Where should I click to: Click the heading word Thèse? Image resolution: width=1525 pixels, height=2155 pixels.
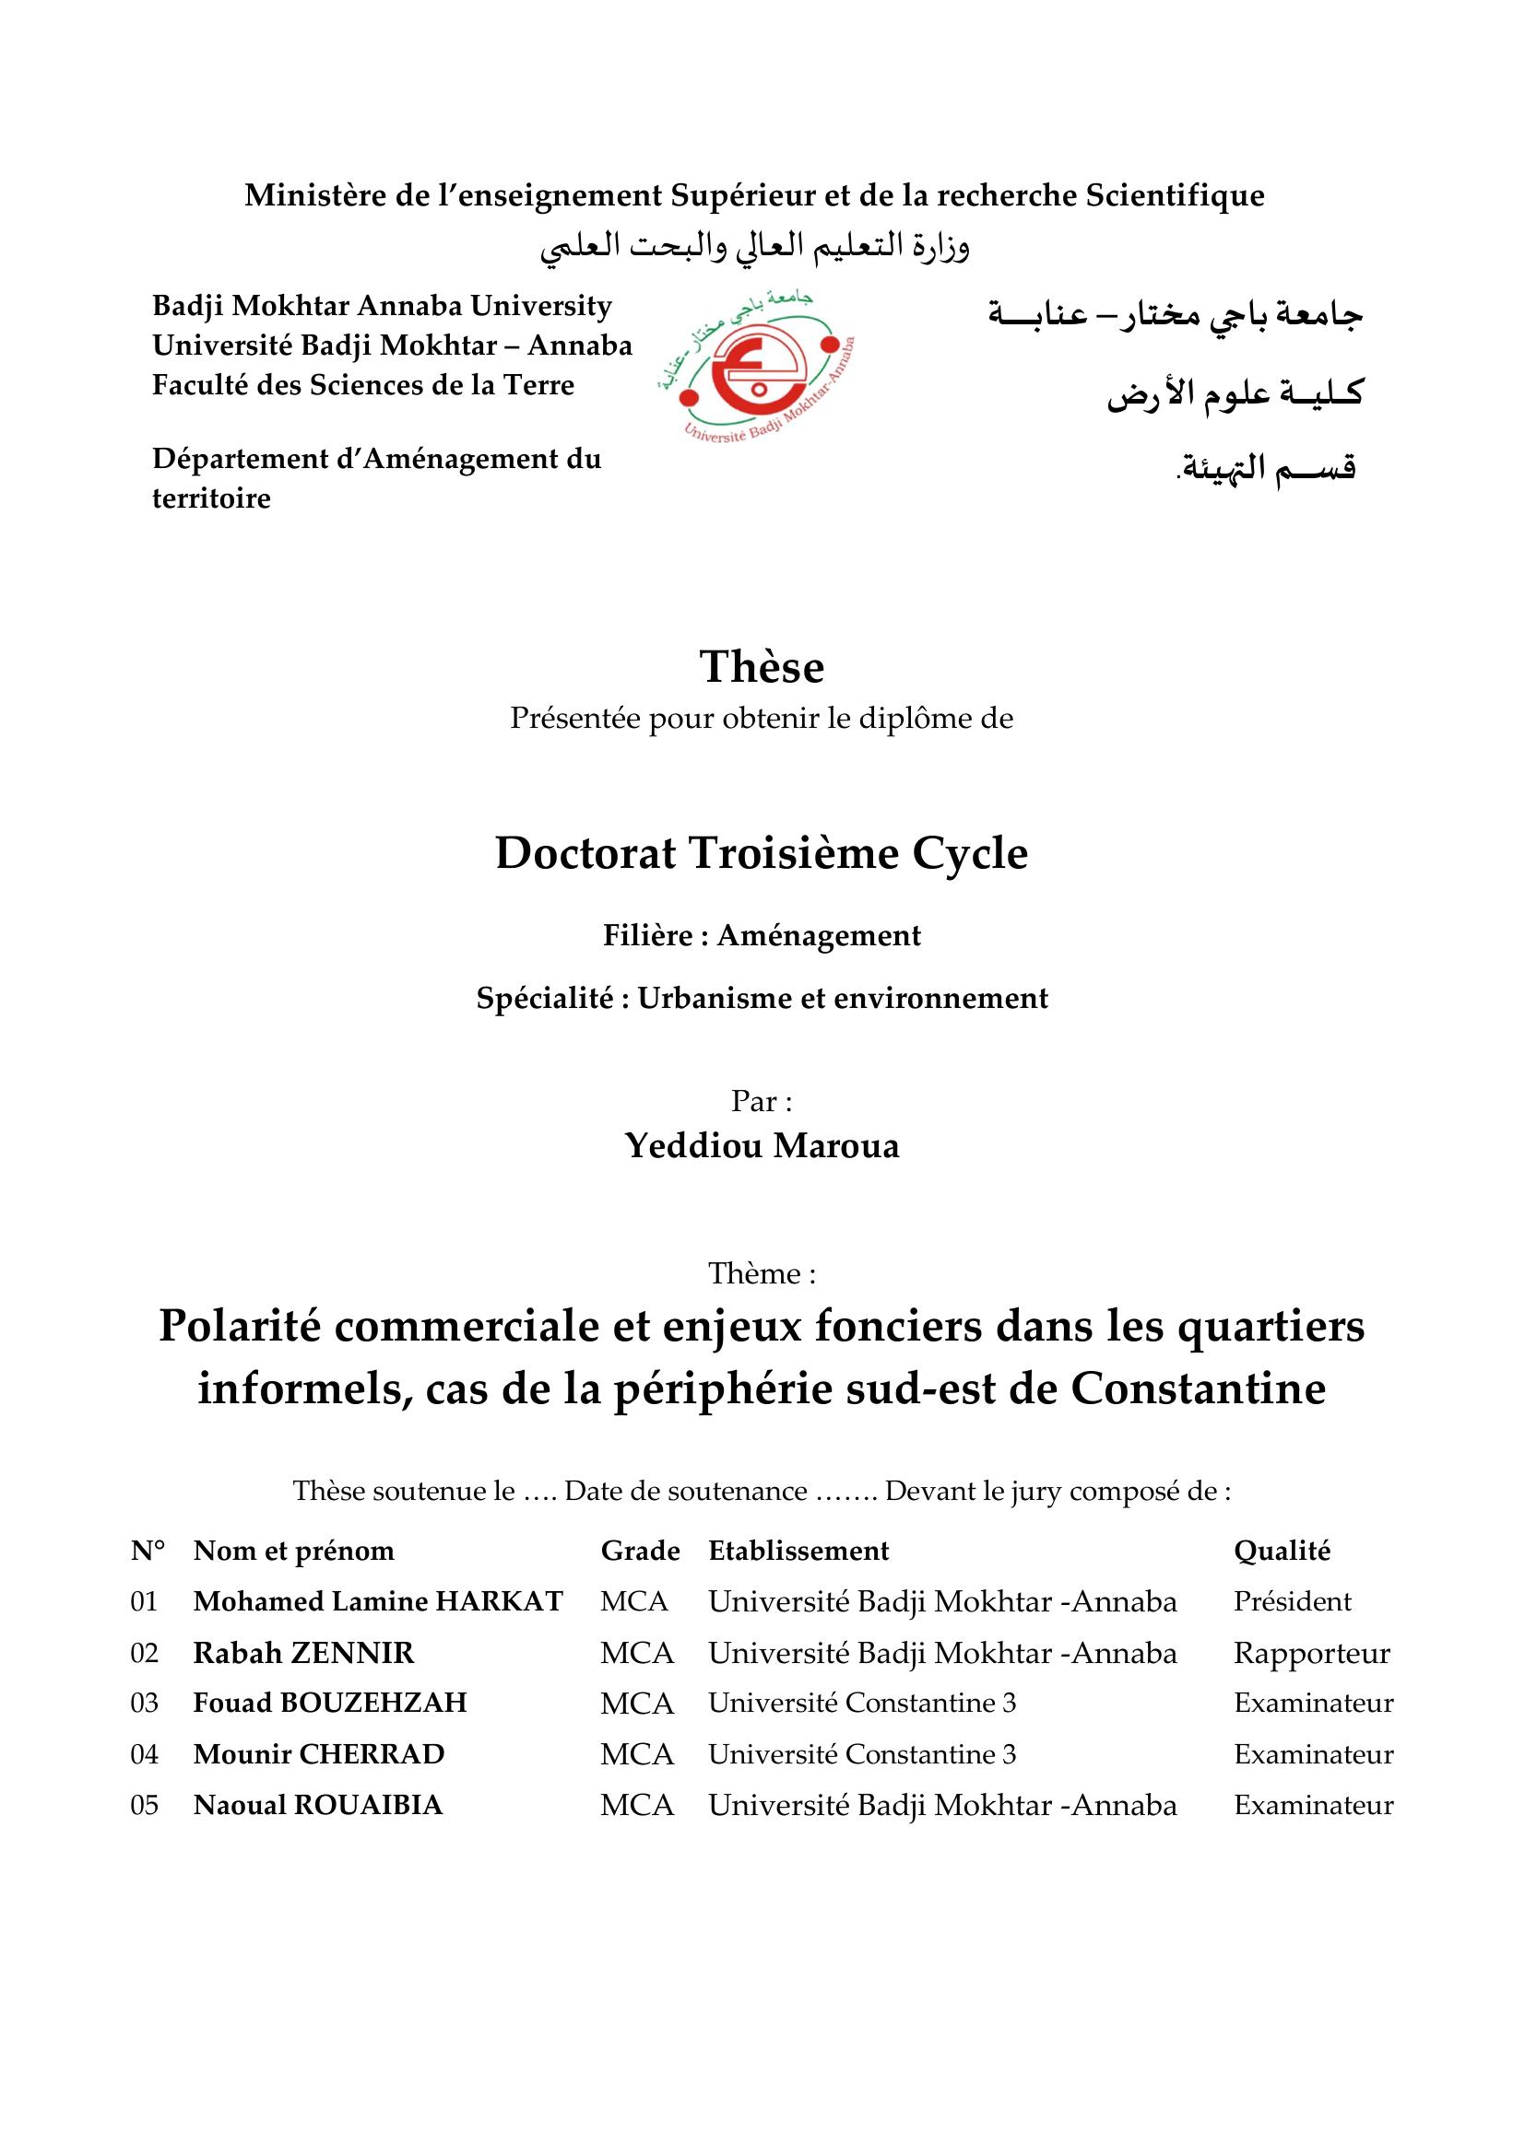coord(762,667)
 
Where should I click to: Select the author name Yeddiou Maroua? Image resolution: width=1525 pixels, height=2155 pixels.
coord(762,1145)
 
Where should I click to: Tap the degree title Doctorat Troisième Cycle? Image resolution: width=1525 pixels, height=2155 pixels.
coord(762,853)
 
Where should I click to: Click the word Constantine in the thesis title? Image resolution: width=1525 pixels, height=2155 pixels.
coord(1198,1389)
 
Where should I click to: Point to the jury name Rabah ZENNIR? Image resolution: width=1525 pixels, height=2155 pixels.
coord(303,1653)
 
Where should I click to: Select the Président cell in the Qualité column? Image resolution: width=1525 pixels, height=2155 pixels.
coord(1292,1601)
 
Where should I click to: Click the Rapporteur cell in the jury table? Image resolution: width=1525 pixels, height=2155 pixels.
coord(1311,1653)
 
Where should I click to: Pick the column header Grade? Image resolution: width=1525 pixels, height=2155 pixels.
coord(640,1551)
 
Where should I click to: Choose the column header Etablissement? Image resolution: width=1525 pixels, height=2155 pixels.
coord(798,1551)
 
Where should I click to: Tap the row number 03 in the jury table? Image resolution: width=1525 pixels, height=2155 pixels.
coord(145,1704)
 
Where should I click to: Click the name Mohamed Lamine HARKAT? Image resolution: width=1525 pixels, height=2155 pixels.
coord(377,1601)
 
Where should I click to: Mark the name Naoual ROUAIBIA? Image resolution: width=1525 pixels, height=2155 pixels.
coord(317,1805)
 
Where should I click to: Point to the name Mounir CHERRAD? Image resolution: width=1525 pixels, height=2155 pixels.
coord(318,1754)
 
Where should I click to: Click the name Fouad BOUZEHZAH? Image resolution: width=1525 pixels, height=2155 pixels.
coord(329,1704)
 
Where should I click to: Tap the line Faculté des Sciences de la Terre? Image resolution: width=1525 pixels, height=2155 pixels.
coord(362,385)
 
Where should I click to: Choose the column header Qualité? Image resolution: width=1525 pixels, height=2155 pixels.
coord(1282,1551)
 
